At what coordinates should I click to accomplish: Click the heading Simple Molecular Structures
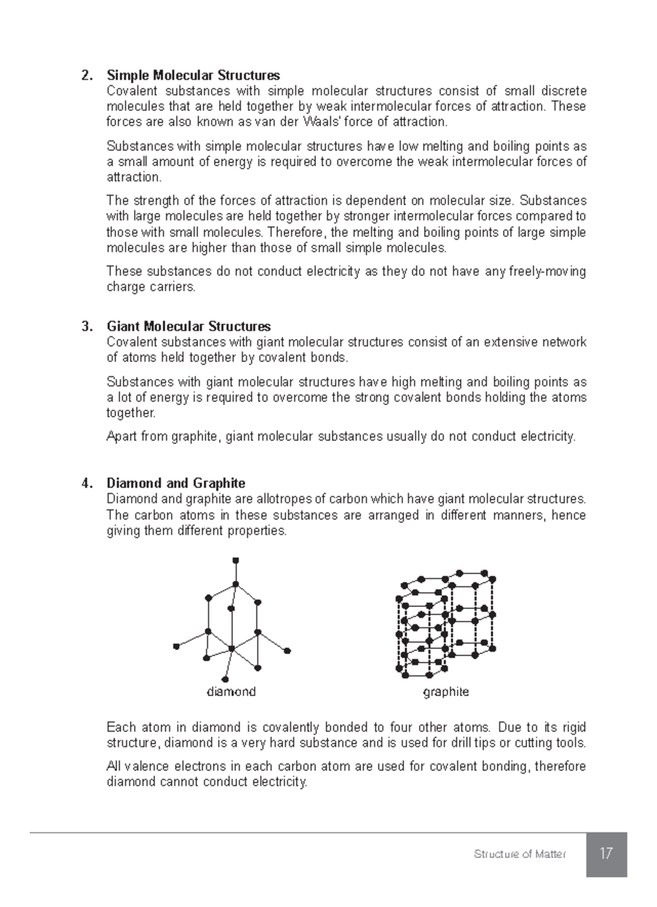click(193, 75)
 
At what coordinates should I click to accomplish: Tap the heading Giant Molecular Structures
click(188, 327)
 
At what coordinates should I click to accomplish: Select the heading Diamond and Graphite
click(176, 483)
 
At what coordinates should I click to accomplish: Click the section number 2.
click(87, 75)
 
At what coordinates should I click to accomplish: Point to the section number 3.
click(87, 327)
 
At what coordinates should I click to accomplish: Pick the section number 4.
click(87, 483)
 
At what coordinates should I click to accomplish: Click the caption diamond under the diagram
click(231, 692)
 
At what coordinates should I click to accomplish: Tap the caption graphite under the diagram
click(446, 692)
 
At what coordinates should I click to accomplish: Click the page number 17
click(606, 854)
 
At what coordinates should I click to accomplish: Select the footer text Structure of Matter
click(520, 854)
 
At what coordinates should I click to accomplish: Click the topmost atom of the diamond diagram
click(236, 560)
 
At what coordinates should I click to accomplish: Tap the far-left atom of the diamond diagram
click(176, 646)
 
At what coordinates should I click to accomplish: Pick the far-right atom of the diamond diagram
click(287, 651)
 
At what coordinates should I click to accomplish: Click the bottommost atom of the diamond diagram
click(224, 680)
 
